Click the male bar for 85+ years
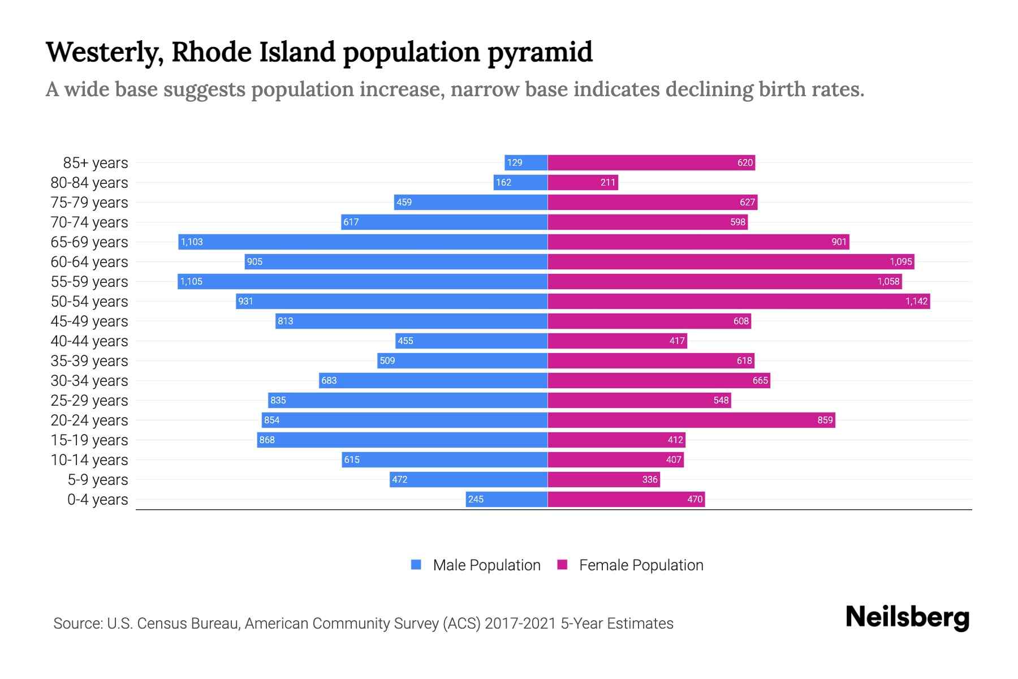coord(526,163)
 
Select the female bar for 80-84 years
coord(583,183)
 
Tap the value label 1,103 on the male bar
coord(192,242)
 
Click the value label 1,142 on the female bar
coord(916,302)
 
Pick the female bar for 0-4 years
coord(626,500)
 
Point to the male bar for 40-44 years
coord(471,341)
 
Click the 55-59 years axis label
coord(89,282)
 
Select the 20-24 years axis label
coord(89,420)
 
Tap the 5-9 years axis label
coord(97,480)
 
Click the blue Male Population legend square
coord(416,565)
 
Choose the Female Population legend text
coord(641,565)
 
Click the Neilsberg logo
coord(907,617)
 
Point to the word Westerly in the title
coord(105,52)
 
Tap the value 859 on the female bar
coord(825,420)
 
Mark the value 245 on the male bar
coord(476,500)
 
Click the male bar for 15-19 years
coord(402,440)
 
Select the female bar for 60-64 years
coord(731,262)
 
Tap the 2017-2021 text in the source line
coord(520,624)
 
